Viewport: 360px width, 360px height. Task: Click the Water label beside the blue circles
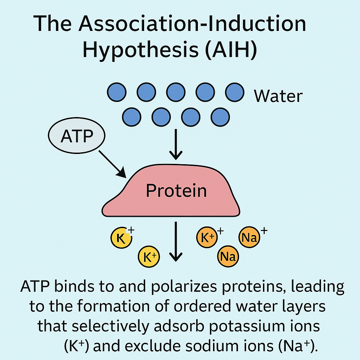click(x=278, y=96)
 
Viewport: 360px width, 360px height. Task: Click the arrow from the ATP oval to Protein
click(x=112, y=164)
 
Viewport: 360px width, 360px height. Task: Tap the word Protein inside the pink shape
click(x=176, y=191)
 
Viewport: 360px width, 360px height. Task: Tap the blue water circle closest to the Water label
click(x=234, y=92)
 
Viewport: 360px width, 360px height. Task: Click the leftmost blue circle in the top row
click(x=116, y=92)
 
